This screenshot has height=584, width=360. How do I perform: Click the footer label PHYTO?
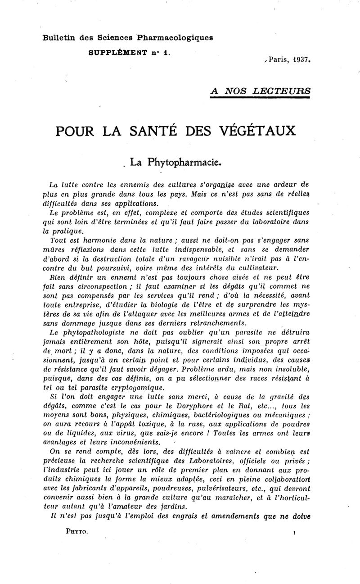point(76,532)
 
